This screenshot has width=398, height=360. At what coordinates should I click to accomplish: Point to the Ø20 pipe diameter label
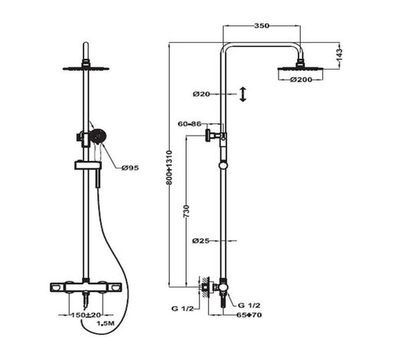[x=201, y=94]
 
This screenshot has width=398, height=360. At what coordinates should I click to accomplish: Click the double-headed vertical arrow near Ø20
[x=243, y=94]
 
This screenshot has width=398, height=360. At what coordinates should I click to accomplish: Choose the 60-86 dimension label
[x=188, y=123]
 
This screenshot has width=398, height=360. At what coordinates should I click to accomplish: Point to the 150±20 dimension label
[x=85, y=314]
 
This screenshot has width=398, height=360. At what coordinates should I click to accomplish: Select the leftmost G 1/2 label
[x=183, y=309]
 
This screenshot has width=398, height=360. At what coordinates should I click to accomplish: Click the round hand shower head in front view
[x=96, y=137]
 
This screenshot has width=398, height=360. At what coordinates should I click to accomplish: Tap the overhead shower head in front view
[x=86, y=67]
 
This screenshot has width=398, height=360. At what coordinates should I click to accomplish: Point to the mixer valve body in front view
[x=86, y=288]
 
